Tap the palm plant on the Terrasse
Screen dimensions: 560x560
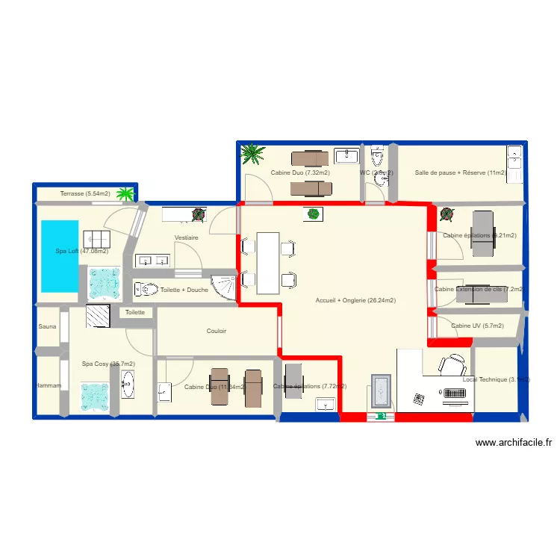[125, 195]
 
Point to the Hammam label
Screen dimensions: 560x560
[49, 385]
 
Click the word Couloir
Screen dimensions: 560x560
[217, 331]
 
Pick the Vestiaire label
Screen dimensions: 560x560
[186, 237]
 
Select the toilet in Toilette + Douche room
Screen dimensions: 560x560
[146, 289]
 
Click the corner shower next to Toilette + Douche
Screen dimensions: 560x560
[224, 287]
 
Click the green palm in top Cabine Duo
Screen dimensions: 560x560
[253, 155]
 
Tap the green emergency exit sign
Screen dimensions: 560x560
[382, 416]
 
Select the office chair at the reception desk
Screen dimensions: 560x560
[452, 365]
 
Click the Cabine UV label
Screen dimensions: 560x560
[477, 326]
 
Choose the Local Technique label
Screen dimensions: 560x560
[495, 379]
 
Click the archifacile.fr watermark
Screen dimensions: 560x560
[514, 443]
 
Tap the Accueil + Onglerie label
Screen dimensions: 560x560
[355, 300]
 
